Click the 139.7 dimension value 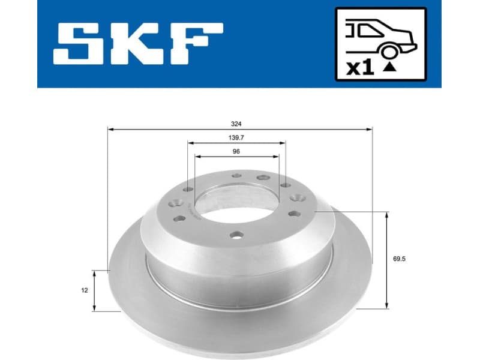pyautogui.click(x=236, y=138)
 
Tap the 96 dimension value pyautogui.click(x=236, y=152)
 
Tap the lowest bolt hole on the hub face pyautogui.click(x=238, y=235)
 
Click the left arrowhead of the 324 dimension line pyautogui.click(x=110, y=128)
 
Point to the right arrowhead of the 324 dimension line pyautogui.click(x=370, y=128)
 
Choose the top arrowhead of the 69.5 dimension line pyautogui.click(x=387, y=214)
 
